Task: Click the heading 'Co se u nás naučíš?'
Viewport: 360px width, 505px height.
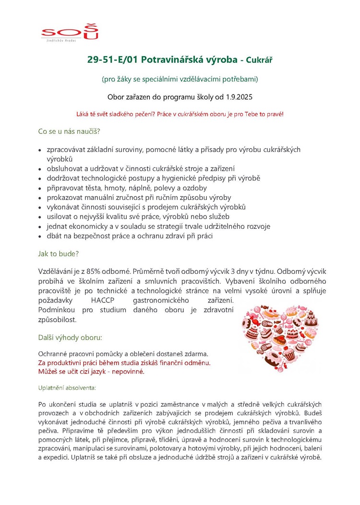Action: coord(69,131)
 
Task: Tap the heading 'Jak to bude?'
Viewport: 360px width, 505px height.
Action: coord(58,253)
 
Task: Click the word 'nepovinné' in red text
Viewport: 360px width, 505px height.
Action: coord(128,371)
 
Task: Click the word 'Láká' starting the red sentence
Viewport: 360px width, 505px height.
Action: coord(83,115)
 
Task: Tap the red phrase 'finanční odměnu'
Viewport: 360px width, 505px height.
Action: coord(186,363)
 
